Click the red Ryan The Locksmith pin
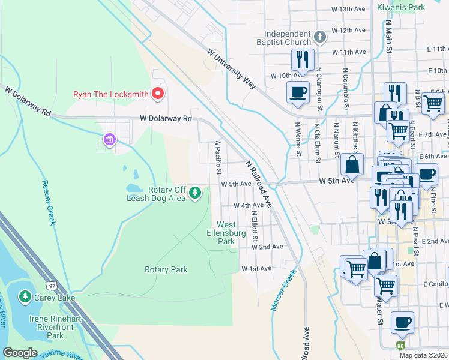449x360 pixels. pos(158,94)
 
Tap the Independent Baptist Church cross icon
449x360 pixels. pos(320,37)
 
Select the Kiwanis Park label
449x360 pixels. pos(401,7)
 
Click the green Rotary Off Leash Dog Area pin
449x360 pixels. pos(194,193)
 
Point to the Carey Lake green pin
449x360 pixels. pos(25,296)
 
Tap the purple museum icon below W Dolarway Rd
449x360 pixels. pos(109,140)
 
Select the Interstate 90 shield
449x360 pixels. pos(400,346)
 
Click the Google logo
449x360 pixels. pos(20,353)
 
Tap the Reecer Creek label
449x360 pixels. pos(48,203)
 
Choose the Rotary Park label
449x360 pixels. pos(166,270)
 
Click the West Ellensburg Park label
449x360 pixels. pos(226,233)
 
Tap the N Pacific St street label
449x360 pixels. pos(218,159)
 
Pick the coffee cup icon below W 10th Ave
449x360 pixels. pos(298,92)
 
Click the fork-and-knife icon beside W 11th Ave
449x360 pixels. pos(302,59)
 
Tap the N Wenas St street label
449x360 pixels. pos(297,139)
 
